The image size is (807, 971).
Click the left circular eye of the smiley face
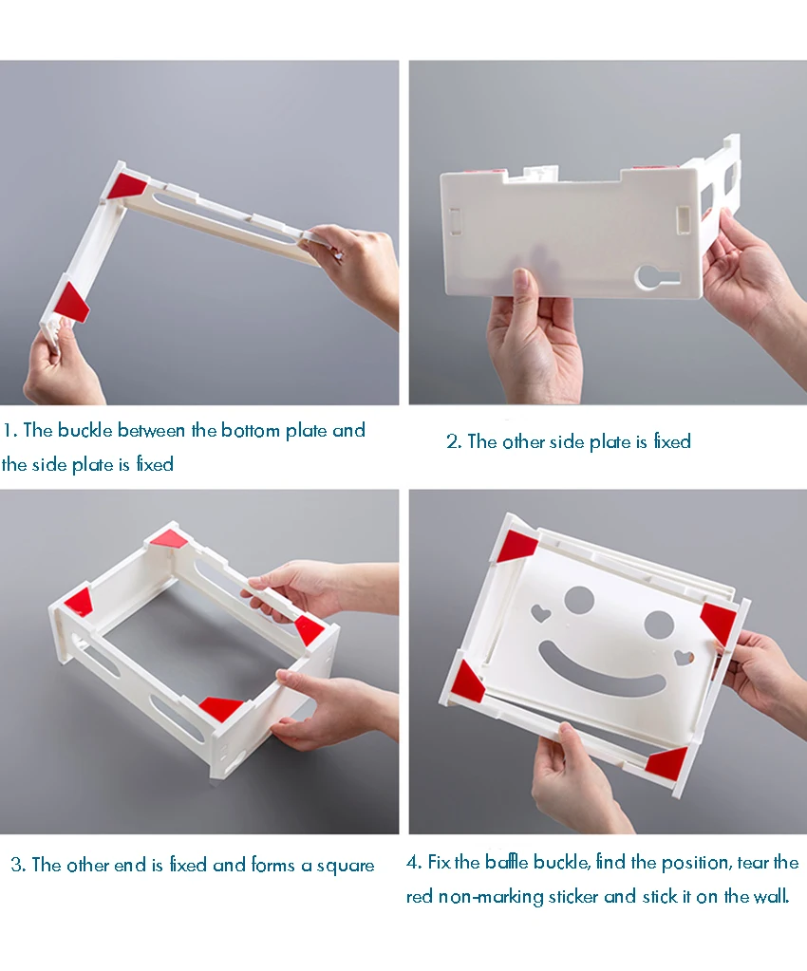pos(579,599)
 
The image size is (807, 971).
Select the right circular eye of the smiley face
pos(658,625)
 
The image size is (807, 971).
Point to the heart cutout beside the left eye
pos(540,614)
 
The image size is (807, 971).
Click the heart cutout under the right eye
pos(684,657)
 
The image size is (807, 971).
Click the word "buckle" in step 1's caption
pos(86,430)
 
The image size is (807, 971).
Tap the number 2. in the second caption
pos(454,441)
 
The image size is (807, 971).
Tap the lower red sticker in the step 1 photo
pos(72,302)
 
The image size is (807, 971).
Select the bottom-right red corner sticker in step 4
pos(667,761)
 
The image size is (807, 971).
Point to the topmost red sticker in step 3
pos(168,539)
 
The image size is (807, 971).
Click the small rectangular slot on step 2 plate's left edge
pos(455,221)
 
